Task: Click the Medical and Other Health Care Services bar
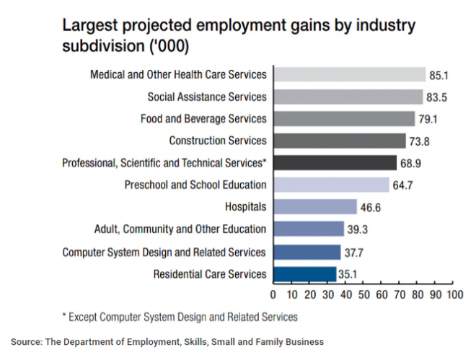pyautogui.click(x=349, y=74)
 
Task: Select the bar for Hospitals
pyautogui.click(x=315, y=207)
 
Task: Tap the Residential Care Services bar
pyautogui.click(x=304, y=274)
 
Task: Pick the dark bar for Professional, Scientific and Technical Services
pyautogui.click(x=335, y=163)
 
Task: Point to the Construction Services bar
pyautogui.click(x=339, y=141)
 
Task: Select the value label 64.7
pyautogui.click(x=402, y=185)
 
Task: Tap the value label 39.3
pyautogui.click(x=357, y=229)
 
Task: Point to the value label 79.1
pyautogui.click(x=429, y=119)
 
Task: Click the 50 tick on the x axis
pyautogui.click(x=363, y=295)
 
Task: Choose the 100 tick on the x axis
pyautogui.click(x=454, y=295)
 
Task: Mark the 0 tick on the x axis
pyautogui.click(x=273, y=295)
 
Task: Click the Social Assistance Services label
pyautogui.click(x=207, y=97)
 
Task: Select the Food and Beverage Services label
pyautogui.click(x=203, y=118)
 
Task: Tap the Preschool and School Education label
pyautogui.click(x=195, y=185)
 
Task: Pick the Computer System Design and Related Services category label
pyautogui.click(x=164, y=252)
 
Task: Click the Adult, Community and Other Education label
pyautogui.click(x=180, y=229)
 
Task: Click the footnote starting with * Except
pyautogui.click(x=180, y=316)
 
